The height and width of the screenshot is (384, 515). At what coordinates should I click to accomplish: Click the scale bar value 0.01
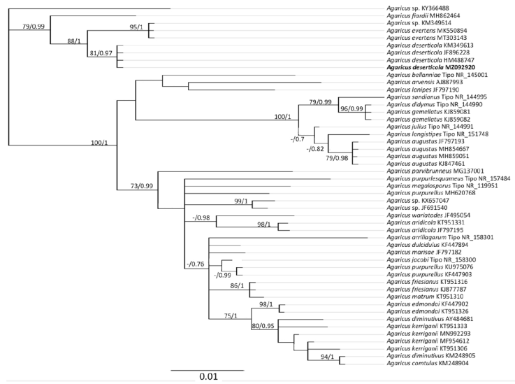tap(208, 376)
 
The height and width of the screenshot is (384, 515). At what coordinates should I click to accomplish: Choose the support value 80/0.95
tap(265, 327)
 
